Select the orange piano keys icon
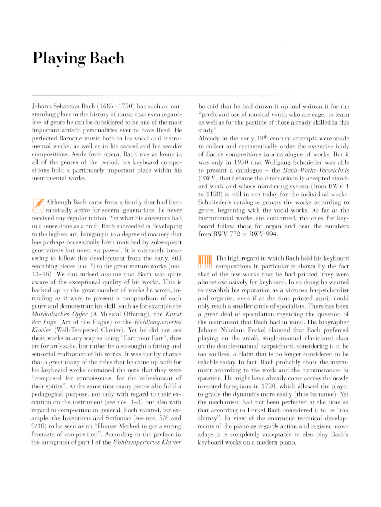tap(205, 262)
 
